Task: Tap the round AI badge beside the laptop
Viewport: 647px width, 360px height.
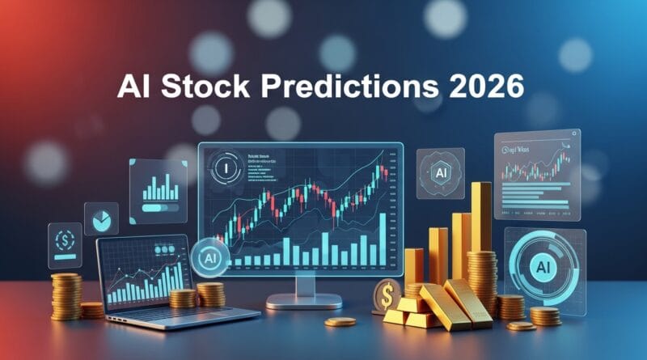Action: [x=208, y=258]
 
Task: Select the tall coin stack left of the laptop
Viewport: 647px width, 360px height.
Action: [x=65, y=295]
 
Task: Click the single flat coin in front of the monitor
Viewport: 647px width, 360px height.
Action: [x=340, y=322]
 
